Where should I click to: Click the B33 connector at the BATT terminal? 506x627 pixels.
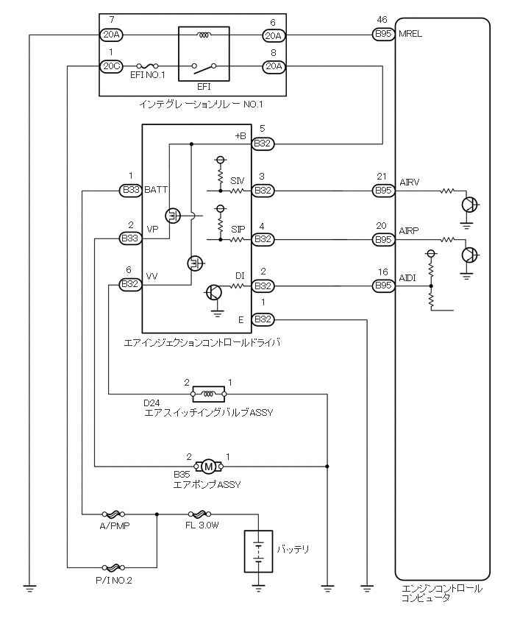click(131, 191)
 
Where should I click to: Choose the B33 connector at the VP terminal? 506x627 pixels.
click(131, 238)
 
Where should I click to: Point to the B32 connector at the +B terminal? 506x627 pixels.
click(263, 143)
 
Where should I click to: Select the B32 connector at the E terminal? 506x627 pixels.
click(263, 319)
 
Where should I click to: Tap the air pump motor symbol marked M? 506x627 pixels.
click(209, 466)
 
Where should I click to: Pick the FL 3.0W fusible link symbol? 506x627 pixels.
click(199, 515)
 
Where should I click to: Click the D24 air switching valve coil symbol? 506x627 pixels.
click(208, 393)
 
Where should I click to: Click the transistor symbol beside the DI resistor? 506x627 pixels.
click(214, 292)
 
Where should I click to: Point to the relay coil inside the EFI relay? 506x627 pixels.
click(203, 34)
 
